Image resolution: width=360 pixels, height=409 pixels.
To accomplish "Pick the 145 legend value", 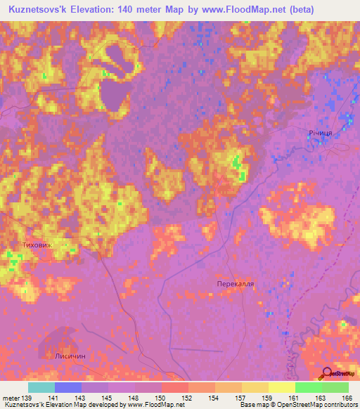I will click(108, 398).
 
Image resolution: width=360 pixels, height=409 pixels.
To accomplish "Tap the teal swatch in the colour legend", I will click(41, 387).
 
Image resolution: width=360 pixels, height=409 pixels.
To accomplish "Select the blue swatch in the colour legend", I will click(67, 387).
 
